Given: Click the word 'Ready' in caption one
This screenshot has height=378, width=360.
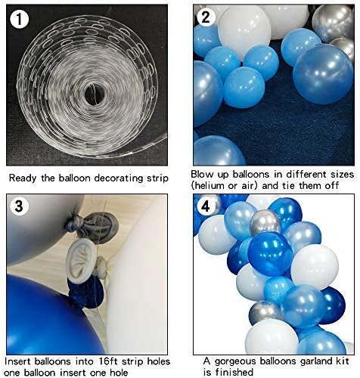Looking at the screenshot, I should point(23,179).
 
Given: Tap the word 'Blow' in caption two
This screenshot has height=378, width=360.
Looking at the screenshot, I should point(204,175).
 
